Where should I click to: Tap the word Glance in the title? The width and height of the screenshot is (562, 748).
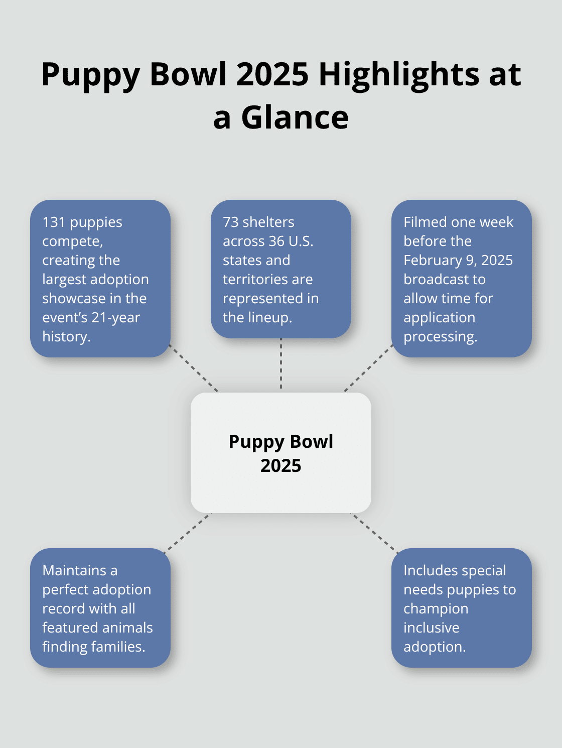point(295,118)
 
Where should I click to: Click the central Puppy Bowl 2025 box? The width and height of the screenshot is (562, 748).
point(280,453)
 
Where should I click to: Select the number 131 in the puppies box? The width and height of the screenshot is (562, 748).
point(54,222)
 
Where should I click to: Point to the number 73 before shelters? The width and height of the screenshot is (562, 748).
point(230,222)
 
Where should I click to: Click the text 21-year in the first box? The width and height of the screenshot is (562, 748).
point(115,317)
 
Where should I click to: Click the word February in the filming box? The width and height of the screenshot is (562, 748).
point(433,260)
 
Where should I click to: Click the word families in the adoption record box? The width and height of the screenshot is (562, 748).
point(119,647)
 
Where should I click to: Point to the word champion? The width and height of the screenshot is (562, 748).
point(436,608)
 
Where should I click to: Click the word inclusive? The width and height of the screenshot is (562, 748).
point(431,628)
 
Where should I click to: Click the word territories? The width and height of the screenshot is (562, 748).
point(267,279)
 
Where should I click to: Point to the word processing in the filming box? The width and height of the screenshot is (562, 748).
point(440,336)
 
